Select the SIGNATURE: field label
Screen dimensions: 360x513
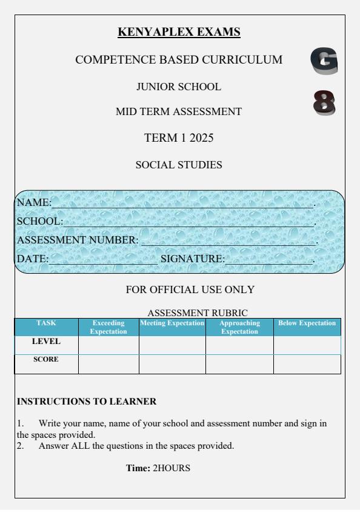pos(192,259)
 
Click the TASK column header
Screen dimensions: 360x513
pos(47,323)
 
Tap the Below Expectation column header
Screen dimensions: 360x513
pos(307,323)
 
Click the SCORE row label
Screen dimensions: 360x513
pos(46,359)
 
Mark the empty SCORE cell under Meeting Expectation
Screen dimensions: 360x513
pos(172,363)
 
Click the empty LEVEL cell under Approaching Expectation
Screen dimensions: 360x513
pos(239,345)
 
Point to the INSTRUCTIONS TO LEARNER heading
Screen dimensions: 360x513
pos(87,401)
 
